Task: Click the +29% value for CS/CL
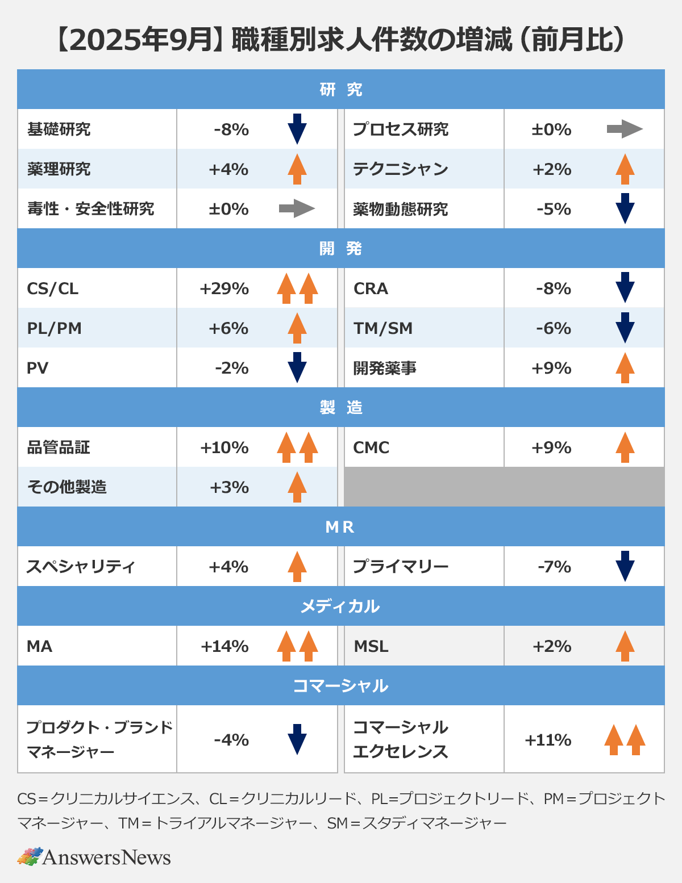pos(224,288)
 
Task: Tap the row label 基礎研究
pos(59,129)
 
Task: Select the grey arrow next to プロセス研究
pos(624,129)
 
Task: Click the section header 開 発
pos(340,249)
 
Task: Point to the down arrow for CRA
pos(625,287)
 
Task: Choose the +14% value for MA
pos(224,646)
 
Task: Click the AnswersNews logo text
pos(106,857)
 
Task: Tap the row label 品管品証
pos(59,447)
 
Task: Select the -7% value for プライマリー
pos(554,567)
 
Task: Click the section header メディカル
pos(340,606)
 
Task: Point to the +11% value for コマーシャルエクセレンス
pos(548,740)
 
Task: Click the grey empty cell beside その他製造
pos(504,487)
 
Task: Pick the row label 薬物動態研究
pos(400,209)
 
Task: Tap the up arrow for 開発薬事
pos(625,367)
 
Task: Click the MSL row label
pos(371,646)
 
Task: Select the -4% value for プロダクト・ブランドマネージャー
pos(231,740)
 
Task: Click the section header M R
pos(340,527)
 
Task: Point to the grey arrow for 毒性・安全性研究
pos(297,208)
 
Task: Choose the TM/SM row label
pos(383,328)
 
